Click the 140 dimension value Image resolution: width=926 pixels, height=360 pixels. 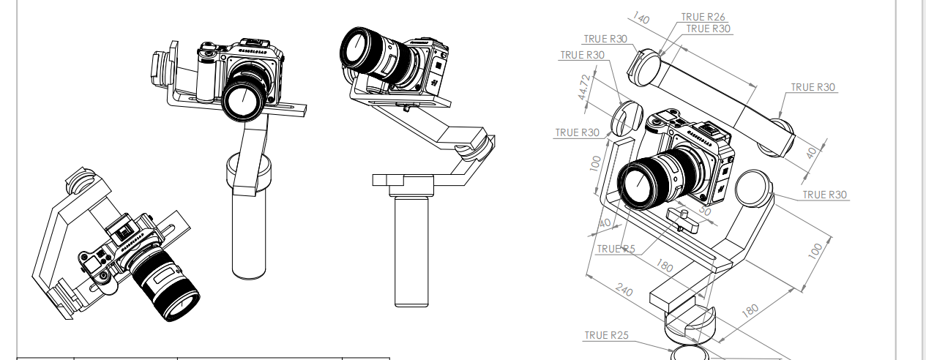641,18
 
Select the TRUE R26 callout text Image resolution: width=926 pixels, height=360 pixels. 703,17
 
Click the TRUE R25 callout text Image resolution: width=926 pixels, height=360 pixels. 606,335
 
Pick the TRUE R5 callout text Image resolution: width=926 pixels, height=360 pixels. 616,249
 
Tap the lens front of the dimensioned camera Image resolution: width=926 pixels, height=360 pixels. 639,184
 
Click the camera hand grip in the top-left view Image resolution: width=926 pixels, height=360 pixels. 209,77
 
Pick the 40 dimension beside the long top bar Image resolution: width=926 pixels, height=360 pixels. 810,153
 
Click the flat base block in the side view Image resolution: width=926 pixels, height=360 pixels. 405,180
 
